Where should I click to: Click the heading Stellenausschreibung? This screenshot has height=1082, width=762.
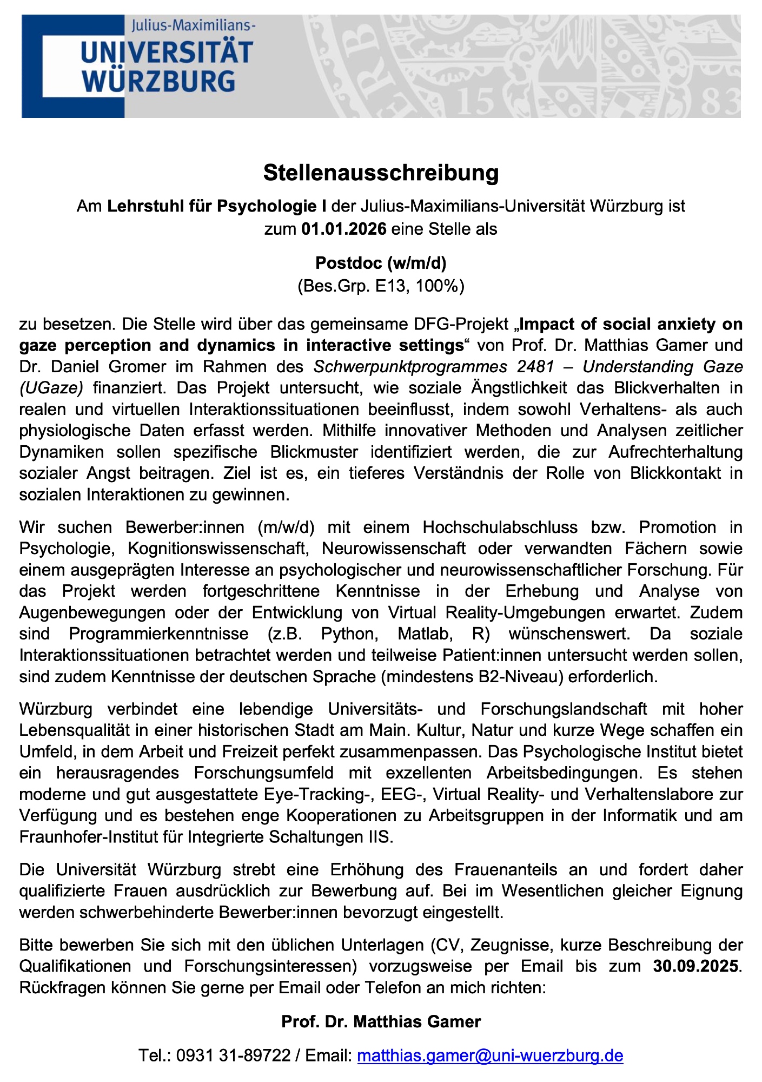381,173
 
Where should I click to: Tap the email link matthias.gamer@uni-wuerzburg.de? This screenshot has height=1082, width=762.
490,1055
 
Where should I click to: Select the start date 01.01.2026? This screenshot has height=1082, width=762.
344,229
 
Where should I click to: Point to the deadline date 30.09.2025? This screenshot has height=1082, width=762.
695,966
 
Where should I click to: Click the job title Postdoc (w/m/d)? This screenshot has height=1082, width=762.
381,263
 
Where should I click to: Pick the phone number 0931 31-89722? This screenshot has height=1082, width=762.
234,1055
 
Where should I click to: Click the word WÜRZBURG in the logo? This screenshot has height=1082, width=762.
158,81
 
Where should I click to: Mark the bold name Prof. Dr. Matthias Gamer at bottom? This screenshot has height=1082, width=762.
381,1021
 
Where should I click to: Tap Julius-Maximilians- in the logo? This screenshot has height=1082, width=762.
194,25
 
